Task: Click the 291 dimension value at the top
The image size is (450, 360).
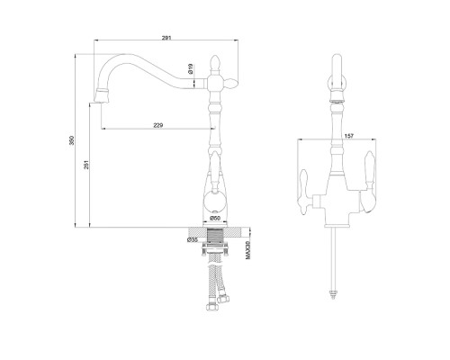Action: click(x=166, y=38)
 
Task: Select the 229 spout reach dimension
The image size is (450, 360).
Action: click(x=157, y=125)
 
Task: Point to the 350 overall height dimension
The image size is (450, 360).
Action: click(x=71, y=140)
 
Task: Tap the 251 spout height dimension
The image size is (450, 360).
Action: click(x=86, y=165)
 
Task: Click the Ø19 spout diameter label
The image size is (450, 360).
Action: click(x=190, y=69)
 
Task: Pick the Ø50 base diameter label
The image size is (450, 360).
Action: click(x=215, y=218)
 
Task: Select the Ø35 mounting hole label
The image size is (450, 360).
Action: click(x=193, y=239)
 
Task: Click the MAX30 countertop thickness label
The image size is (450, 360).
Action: click(x=247, y=250)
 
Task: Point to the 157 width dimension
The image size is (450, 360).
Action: click(x=349, y=136)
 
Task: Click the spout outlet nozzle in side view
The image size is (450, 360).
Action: click(x=101, y=95)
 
